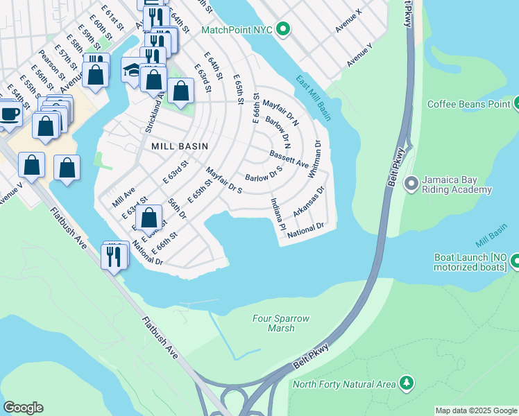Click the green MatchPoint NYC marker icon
pos(282,30)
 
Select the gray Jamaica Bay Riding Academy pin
pos(411,184)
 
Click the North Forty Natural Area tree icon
pos(406,383)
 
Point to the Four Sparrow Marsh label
pos(280,323)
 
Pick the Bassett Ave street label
pos(289,160)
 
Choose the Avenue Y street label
pos(359,55)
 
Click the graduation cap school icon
pos(132,69)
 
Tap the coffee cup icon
pos(10,113)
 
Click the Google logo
pos(23,408)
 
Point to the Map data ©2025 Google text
pos(475,410)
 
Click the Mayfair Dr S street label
pos(223,180)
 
